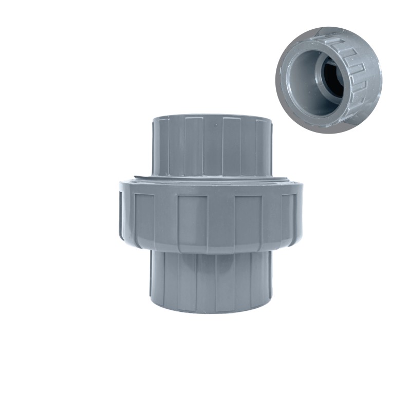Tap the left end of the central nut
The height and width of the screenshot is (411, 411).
coord(123,213)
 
